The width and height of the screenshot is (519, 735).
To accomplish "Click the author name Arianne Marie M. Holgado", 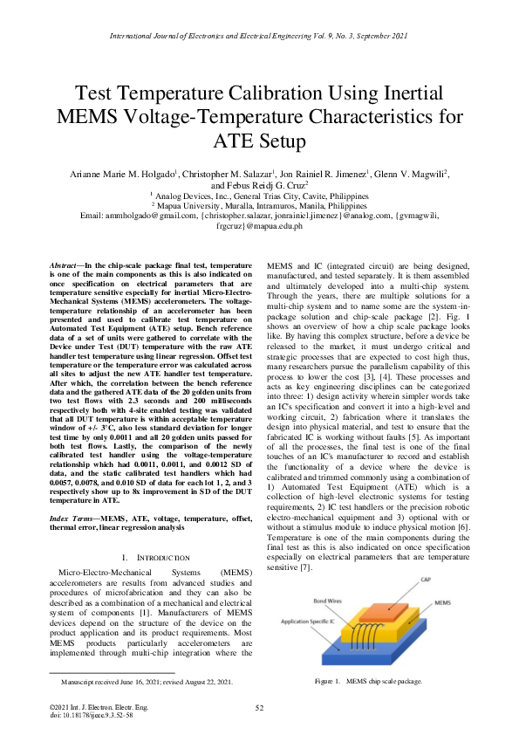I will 118,175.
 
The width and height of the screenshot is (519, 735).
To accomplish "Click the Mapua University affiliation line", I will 259,206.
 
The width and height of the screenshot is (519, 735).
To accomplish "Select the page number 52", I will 259,707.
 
